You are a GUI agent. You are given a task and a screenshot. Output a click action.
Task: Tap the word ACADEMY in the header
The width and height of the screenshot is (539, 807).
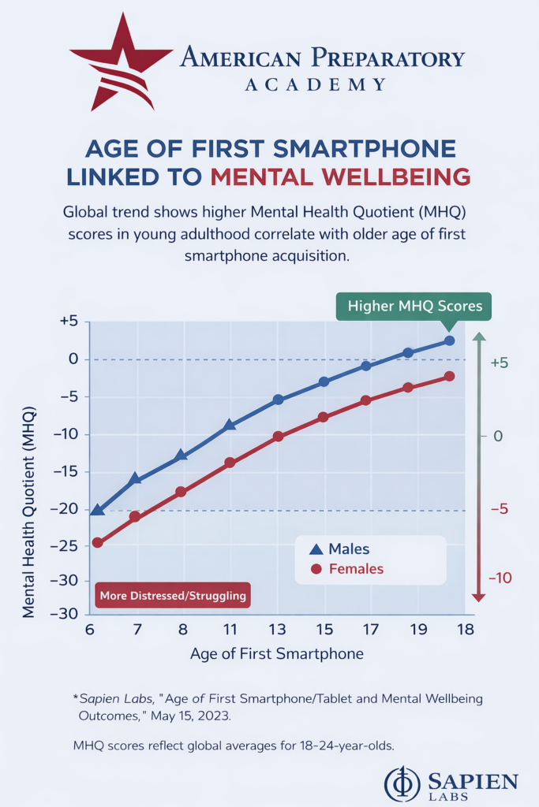pyautogui.click(x=315, y=84)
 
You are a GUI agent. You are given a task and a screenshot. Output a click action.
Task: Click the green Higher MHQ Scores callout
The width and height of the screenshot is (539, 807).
pyautogui.click(x=414, y=306)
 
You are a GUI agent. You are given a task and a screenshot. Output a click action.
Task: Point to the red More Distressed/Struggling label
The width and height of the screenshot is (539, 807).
pyautogui.click(x=173, y=596)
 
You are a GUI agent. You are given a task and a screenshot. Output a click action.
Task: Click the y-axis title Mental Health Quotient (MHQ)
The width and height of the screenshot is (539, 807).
pyautogui.click(x=29, y=470)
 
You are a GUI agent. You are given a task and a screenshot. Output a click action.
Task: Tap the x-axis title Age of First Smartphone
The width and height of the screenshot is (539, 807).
pyautogui.click(x=276, y=653)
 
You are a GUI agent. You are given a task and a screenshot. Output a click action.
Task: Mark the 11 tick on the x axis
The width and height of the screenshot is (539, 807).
pyautogui.click(x=230, y=629)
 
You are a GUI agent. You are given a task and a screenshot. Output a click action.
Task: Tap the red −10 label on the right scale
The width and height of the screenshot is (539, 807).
pyautogui.click(x=500, y=578)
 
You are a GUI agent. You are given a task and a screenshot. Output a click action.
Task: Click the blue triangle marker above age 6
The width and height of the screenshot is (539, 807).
pyautogui.click(x=97, y=510)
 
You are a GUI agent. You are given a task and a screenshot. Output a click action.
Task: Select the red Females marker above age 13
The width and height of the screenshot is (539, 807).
pyautogui.click(x=278, y=436)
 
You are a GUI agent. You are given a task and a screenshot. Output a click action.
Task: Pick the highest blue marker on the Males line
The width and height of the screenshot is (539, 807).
pyautogui.click(x=449, y=340)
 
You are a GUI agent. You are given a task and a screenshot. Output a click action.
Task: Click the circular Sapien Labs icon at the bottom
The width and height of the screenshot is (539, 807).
pyautogui.click(x=402, y=783)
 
